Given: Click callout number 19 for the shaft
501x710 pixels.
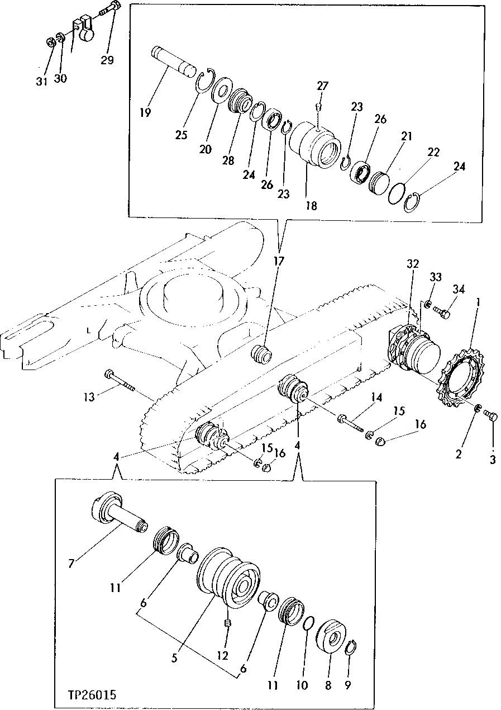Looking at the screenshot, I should (x=146, y=112).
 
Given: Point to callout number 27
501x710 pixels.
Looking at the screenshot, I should (x=323, y=86).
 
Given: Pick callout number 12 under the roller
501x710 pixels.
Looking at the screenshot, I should (x=223, y=655).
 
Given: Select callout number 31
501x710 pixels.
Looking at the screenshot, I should (x=42, y=81).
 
